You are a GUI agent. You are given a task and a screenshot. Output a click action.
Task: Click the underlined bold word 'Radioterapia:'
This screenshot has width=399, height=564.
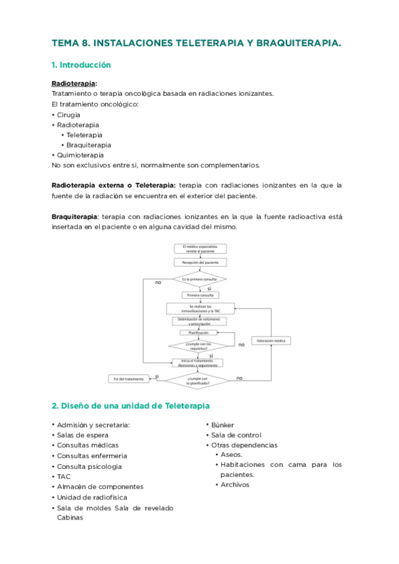75,83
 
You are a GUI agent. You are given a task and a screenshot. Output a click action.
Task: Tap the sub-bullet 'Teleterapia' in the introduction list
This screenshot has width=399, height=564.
84,134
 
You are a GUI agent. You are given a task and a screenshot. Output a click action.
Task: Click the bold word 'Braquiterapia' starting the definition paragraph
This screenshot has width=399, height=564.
74,216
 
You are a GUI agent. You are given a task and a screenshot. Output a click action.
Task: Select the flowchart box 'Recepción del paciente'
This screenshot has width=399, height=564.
200,263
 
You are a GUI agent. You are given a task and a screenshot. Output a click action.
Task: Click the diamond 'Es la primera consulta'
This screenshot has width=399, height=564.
200,279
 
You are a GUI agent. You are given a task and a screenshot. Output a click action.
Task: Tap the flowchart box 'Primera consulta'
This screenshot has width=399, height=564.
200,295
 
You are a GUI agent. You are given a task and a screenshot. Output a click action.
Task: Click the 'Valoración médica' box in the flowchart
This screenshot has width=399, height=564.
270,341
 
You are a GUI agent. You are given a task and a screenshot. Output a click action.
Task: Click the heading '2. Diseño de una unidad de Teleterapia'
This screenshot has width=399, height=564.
131,405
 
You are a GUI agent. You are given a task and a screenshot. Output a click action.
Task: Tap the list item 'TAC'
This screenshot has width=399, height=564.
64,476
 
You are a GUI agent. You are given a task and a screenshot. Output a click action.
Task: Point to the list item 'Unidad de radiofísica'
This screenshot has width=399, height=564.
91,497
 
